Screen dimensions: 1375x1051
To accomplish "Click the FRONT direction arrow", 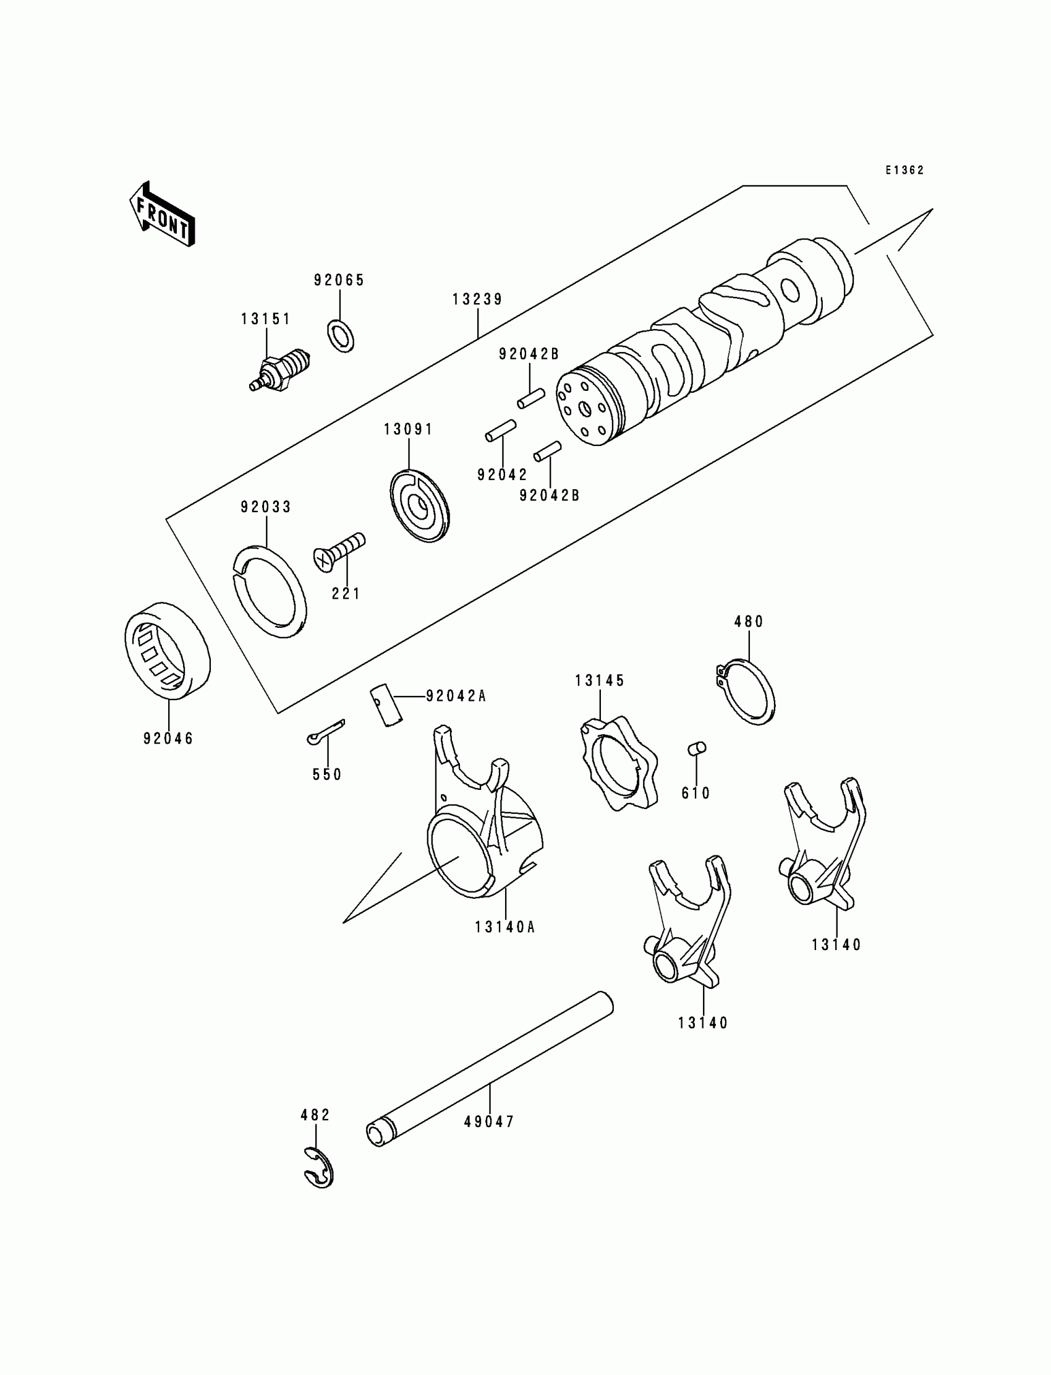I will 162,215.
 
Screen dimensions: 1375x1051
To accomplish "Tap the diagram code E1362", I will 904,170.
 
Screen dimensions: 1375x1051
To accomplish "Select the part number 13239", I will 477,299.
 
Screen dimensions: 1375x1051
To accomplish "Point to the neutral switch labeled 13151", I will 281,370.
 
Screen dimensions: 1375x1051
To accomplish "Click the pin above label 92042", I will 501,431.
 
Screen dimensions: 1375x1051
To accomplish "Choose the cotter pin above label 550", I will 326,731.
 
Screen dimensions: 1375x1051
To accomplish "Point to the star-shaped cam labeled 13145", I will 617,763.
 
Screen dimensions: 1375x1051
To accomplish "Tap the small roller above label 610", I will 697,748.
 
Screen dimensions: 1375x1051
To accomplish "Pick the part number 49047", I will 488,1122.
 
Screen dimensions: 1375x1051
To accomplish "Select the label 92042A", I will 456,696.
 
